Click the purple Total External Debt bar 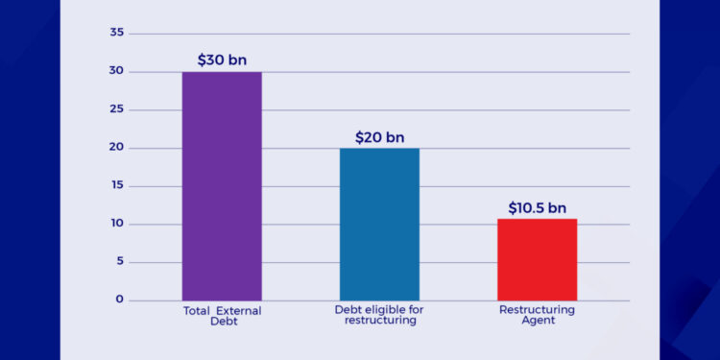pyautogui.click(x=222, y=186)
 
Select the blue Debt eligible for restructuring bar pyautogui.click(x=379, y=224)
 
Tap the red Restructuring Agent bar pyautogui.click(x=537, y=259)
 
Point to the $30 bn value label pyautogui.click(x=222, y=60)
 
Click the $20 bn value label pyautogui.click(x=379, y=136)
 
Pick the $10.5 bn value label pyautogui.click(x=537, y=207)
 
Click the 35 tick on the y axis pyautogui.click(x=117, y=33)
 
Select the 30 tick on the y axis pyautogui.click(x=117, y=71)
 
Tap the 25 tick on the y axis pyautogui.click(x=117, y=109)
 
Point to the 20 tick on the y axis pyautogui.click(x=117, y=148)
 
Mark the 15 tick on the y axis pyautogui.click(x=117, y=186)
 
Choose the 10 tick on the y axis pyautogui.click(x=117, y=224)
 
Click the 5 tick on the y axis pyautogui.click(x=120, y=262)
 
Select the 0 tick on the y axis pyautogui.click(x=120, y=300)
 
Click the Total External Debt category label pyautogui.click(x=222, y=316)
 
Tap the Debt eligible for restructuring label pyautogui.click(x=379, y=316)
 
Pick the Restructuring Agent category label pyautogui.click(x=537, y=316)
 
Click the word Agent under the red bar pyautogui.click(x=537, y=322)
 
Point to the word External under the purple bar pyautogui.click(x=238, y=310)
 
